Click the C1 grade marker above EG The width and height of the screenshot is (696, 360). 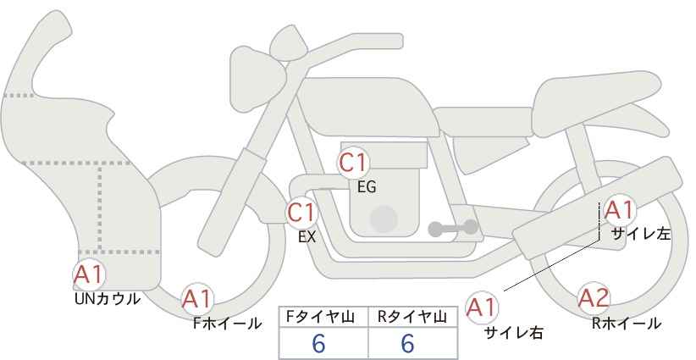(352, 163)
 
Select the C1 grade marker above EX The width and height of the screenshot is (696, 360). (301, 213)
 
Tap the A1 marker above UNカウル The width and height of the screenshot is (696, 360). (89, 275)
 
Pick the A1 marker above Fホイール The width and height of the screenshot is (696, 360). (197, 300)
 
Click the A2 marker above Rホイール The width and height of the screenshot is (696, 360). (594, 298)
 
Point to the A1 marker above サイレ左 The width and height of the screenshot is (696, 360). (619, 210)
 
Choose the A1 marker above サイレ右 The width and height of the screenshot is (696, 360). (482, 307)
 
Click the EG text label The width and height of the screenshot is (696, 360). (367, 187)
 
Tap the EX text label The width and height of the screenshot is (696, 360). (307, 237)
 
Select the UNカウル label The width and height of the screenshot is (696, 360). (108, 299)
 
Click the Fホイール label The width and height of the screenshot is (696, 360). (227, 324)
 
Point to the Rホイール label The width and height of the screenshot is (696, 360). (627, 324)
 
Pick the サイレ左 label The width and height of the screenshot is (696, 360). (641, 234)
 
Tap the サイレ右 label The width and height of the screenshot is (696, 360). (514, 333)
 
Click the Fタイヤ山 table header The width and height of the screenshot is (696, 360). (320, 317)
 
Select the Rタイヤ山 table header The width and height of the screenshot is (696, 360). (412, 317)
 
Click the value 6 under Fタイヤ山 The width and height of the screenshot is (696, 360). (319, 343)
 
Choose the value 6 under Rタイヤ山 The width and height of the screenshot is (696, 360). (407, 343)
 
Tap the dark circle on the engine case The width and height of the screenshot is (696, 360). (384, 219)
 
